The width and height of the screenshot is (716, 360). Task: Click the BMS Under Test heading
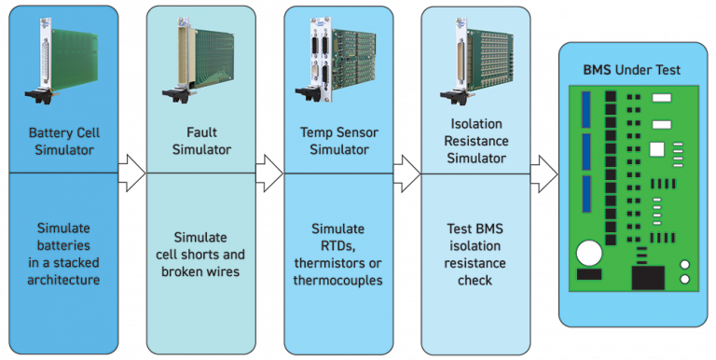pos(631,70)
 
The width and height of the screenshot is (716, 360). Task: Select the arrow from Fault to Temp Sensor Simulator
pos(268,173)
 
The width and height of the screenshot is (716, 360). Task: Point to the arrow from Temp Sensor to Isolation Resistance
pos(406,173)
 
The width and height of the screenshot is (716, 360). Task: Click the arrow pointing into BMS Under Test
pos(544,173)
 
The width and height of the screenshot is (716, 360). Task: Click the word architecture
pos(63,280)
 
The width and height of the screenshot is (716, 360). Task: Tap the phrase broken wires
pos(201,271)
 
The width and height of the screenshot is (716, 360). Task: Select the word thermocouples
pos(338,280)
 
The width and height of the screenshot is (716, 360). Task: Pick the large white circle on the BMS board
pos(588,254)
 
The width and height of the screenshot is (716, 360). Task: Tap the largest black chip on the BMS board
pos(648,277)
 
